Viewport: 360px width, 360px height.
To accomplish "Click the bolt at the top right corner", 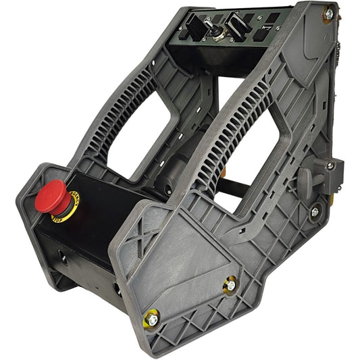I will pyautogui.click(x=328, y=14).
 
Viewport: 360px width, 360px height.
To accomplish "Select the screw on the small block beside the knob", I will pyautogui.click(x=330, y=165).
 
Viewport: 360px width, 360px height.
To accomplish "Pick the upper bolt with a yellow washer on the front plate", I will pyautogui.click(x=230, y=285).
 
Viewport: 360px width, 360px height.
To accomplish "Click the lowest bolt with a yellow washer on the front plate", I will pyautogui.click(x=152, y=317).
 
